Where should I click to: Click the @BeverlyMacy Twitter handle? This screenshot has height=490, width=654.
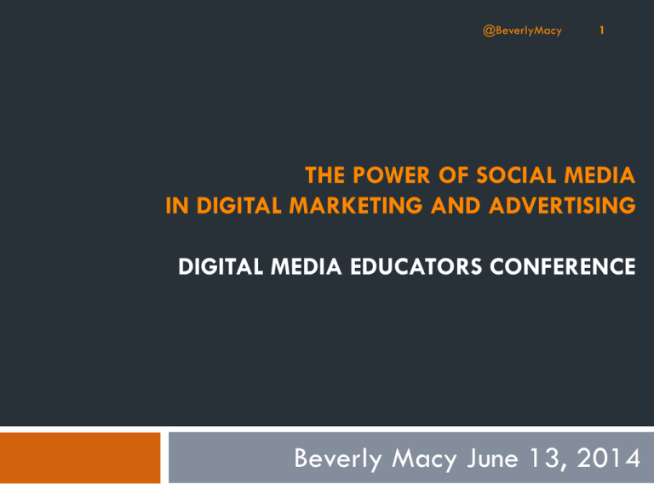pyautogui.click(x=522, y=31)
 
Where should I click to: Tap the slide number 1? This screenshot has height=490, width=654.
pyautogui.click(x=602, y=30)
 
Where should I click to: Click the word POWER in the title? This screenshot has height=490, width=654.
pyautogui.click(x=391, y=175)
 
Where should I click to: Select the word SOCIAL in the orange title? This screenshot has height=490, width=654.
pyautogui.click(x=516, y=175)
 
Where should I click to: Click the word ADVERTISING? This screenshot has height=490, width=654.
pyautogui.click(x=562, y=205)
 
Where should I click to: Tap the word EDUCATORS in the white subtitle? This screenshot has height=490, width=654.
pyautogui.click(x=416, y=266)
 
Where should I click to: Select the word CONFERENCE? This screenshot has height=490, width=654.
pyautogui.click(x=563, y=266)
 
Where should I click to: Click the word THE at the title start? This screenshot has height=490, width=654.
pyautogui.click(x=325, y=175)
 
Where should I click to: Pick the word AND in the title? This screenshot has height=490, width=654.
pyautogui.click(x=456, y=205)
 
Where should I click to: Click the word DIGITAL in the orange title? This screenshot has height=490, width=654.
pyautogui.click(x=239, y=205)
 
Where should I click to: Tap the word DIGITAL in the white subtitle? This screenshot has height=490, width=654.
pyautogui.click(x=221, y=266)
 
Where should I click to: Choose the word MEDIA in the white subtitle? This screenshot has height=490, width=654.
pyautogui.click(x=307, y=266)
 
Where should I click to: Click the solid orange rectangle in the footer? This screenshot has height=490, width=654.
pyautogui.click(x=80, y=458)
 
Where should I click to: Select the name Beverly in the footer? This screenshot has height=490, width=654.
pyautogui.click(x=338, y=459)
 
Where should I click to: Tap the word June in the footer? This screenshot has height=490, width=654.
pyautogui.click(x=492, y=459)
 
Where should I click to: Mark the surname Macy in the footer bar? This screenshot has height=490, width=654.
pyautogui.click(x=424, y=459)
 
